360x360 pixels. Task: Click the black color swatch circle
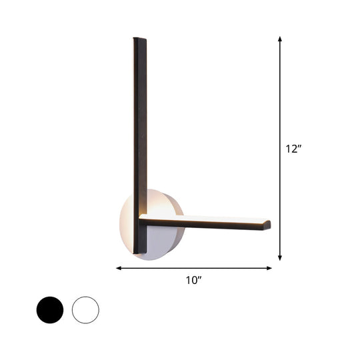point(50,310)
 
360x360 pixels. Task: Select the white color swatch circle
point(85,310)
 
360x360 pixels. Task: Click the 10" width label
point(194,281)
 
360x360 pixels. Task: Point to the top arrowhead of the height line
point(280,39)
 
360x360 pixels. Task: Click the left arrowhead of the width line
point(119,268)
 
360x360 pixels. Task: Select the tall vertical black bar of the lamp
point(139,133)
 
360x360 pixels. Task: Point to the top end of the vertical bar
point(139,40)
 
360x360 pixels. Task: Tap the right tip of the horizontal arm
point(268,224)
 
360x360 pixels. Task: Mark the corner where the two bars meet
point(141,219)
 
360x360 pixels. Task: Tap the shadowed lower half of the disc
point(163,243)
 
